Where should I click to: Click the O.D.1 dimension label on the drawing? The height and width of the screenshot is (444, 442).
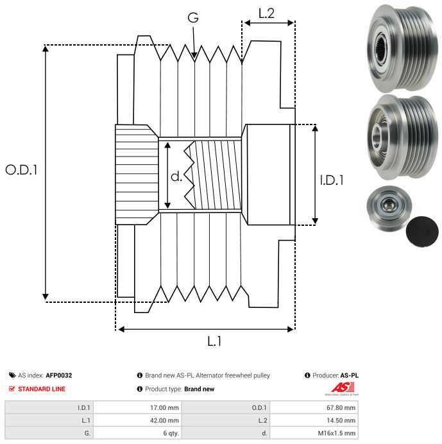pyautogui.click(x=21, y=170)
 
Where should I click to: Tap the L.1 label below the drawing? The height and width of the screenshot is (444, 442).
pyautogui.click(x=214, y=341)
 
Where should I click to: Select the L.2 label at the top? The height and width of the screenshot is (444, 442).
pyautogui.click(x=266, y=13)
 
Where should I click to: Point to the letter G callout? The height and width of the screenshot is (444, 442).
pyautogui.click(x=193, y=19)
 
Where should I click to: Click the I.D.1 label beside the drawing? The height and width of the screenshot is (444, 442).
pyautogui.click(x=332, y=180)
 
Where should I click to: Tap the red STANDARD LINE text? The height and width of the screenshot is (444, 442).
pyautogui.click(x=42, y=389)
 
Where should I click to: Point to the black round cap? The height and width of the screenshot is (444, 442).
pyautogui.click(x=424, y=231)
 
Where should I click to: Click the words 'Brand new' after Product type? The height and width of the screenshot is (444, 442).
pyautogui.click(x=199, y=389)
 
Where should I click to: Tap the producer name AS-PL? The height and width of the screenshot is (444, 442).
pyautogui.click(x=349, y=375)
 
